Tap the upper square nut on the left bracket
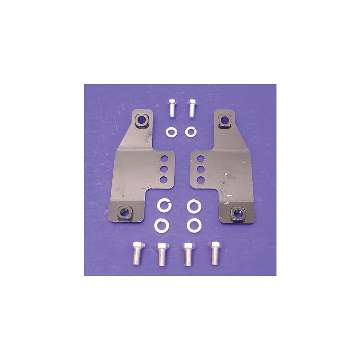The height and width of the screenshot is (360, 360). pyautogui.click(x=142, y=120)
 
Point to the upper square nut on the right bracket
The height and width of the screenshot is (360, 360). pyautogui.click(x=223, y=120)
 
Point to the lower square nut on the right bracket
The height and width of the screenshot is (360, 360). pyautogui.click(x=236, y=212)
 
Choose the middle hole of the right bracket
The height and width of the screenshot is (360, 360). pyautogui.click(x=201, y=169)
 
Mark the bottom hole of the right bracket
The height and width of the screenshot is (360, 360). pyautogui.click(x=201, y=180)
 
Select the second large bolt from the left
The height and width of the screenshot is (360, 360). pyautogui.click(x=161, y=253)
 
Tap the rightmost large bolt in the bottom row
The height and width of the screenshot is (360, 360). pyautogui.click(x=214, y=252)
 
